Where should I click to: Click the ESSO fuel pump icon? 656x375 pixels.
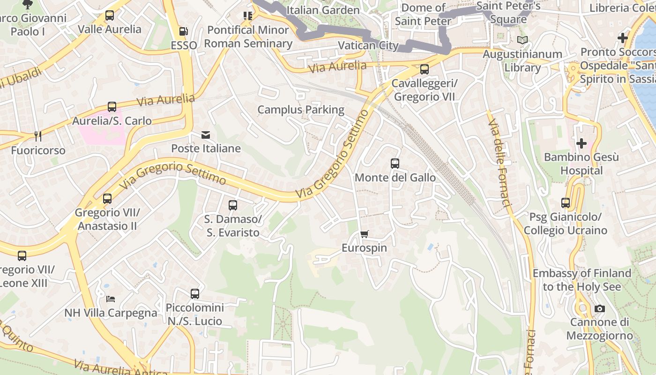(x=184, y=31)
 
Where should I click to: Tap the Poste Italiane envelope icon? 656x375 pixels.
(x=205, y=135)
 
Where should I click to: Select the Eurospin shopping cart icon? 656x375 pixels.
(x=364, y=234)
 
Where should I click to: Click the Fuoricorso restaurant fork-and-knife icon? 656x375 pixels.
(x=38, y=136)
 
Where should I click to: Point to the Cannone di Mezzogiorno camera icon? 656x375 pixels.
(x=599, y=308)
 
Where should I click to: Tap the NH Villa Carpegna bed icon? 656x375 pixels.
(x=111, y=299)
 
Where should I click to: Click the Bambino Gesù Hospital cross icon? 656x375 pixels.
(x=581, y=143)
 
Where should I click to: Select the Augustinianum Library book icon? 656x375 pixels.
(x=522, y=40)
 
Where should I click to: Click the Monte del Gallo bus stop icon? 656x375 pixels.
(x=395, y=164)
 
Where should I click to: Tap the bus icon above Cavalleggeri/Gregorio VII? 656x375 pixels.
(x=424, y=69)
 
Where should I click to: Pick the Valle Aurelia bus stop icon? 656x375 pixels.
(x=110, y=15)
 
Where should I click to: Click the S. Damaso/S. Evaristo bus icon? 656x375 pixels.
(x=233, y=205)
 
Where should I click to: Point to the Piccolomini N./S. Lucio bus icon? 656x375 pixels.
(x=195, y=294)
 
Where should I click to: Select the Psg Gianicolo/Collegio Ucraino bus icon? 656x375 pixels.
(x=566, y=203)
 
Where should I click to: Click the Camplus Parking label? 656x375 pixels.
(x=301, y=110)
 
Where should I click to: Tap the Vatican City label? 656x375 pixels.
(x=368, y=45)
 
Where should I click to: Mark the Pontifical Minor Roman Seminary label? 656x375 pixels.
(x=248, y=37)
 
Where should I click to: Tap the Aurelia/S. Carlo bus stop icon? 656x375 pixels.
(x=112, y=107)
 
